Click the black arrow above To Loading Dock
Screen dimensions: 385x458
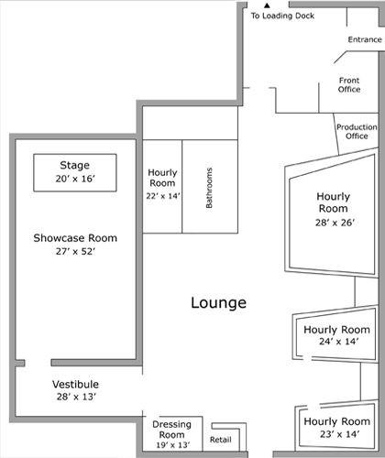267,5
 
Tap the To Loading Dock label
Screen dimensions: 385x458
282,16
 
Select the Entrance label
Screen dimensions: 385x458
365,39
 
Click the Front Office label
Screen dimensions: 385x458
349,85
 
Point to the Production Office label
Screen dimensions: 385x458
357,132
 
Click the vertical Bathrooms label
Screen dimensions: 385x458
209,188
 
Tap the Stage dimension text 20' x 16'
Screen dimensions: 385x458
75,179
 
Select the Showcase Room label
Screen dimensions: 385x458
75,238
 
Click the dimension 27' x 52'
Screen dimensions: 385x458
75,251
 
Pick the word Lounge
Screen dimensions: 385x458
219,303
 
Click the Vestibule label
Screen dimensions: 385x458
75,384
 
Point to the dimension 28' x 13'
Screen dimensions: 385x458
76,397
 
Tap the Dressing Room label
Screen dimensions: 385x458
171,430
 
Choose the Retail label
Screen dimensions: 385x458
221,440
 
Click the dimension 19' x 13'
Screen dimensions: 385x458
173,445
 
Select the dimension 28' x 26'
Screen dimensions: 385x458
335,223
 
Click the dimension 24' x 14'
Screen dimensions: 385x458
338,342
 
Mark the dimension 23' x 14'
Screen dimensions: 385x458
339,434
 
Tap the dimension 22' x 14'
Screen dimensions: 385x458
163,196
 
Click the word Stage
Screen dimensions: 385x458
75,165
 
